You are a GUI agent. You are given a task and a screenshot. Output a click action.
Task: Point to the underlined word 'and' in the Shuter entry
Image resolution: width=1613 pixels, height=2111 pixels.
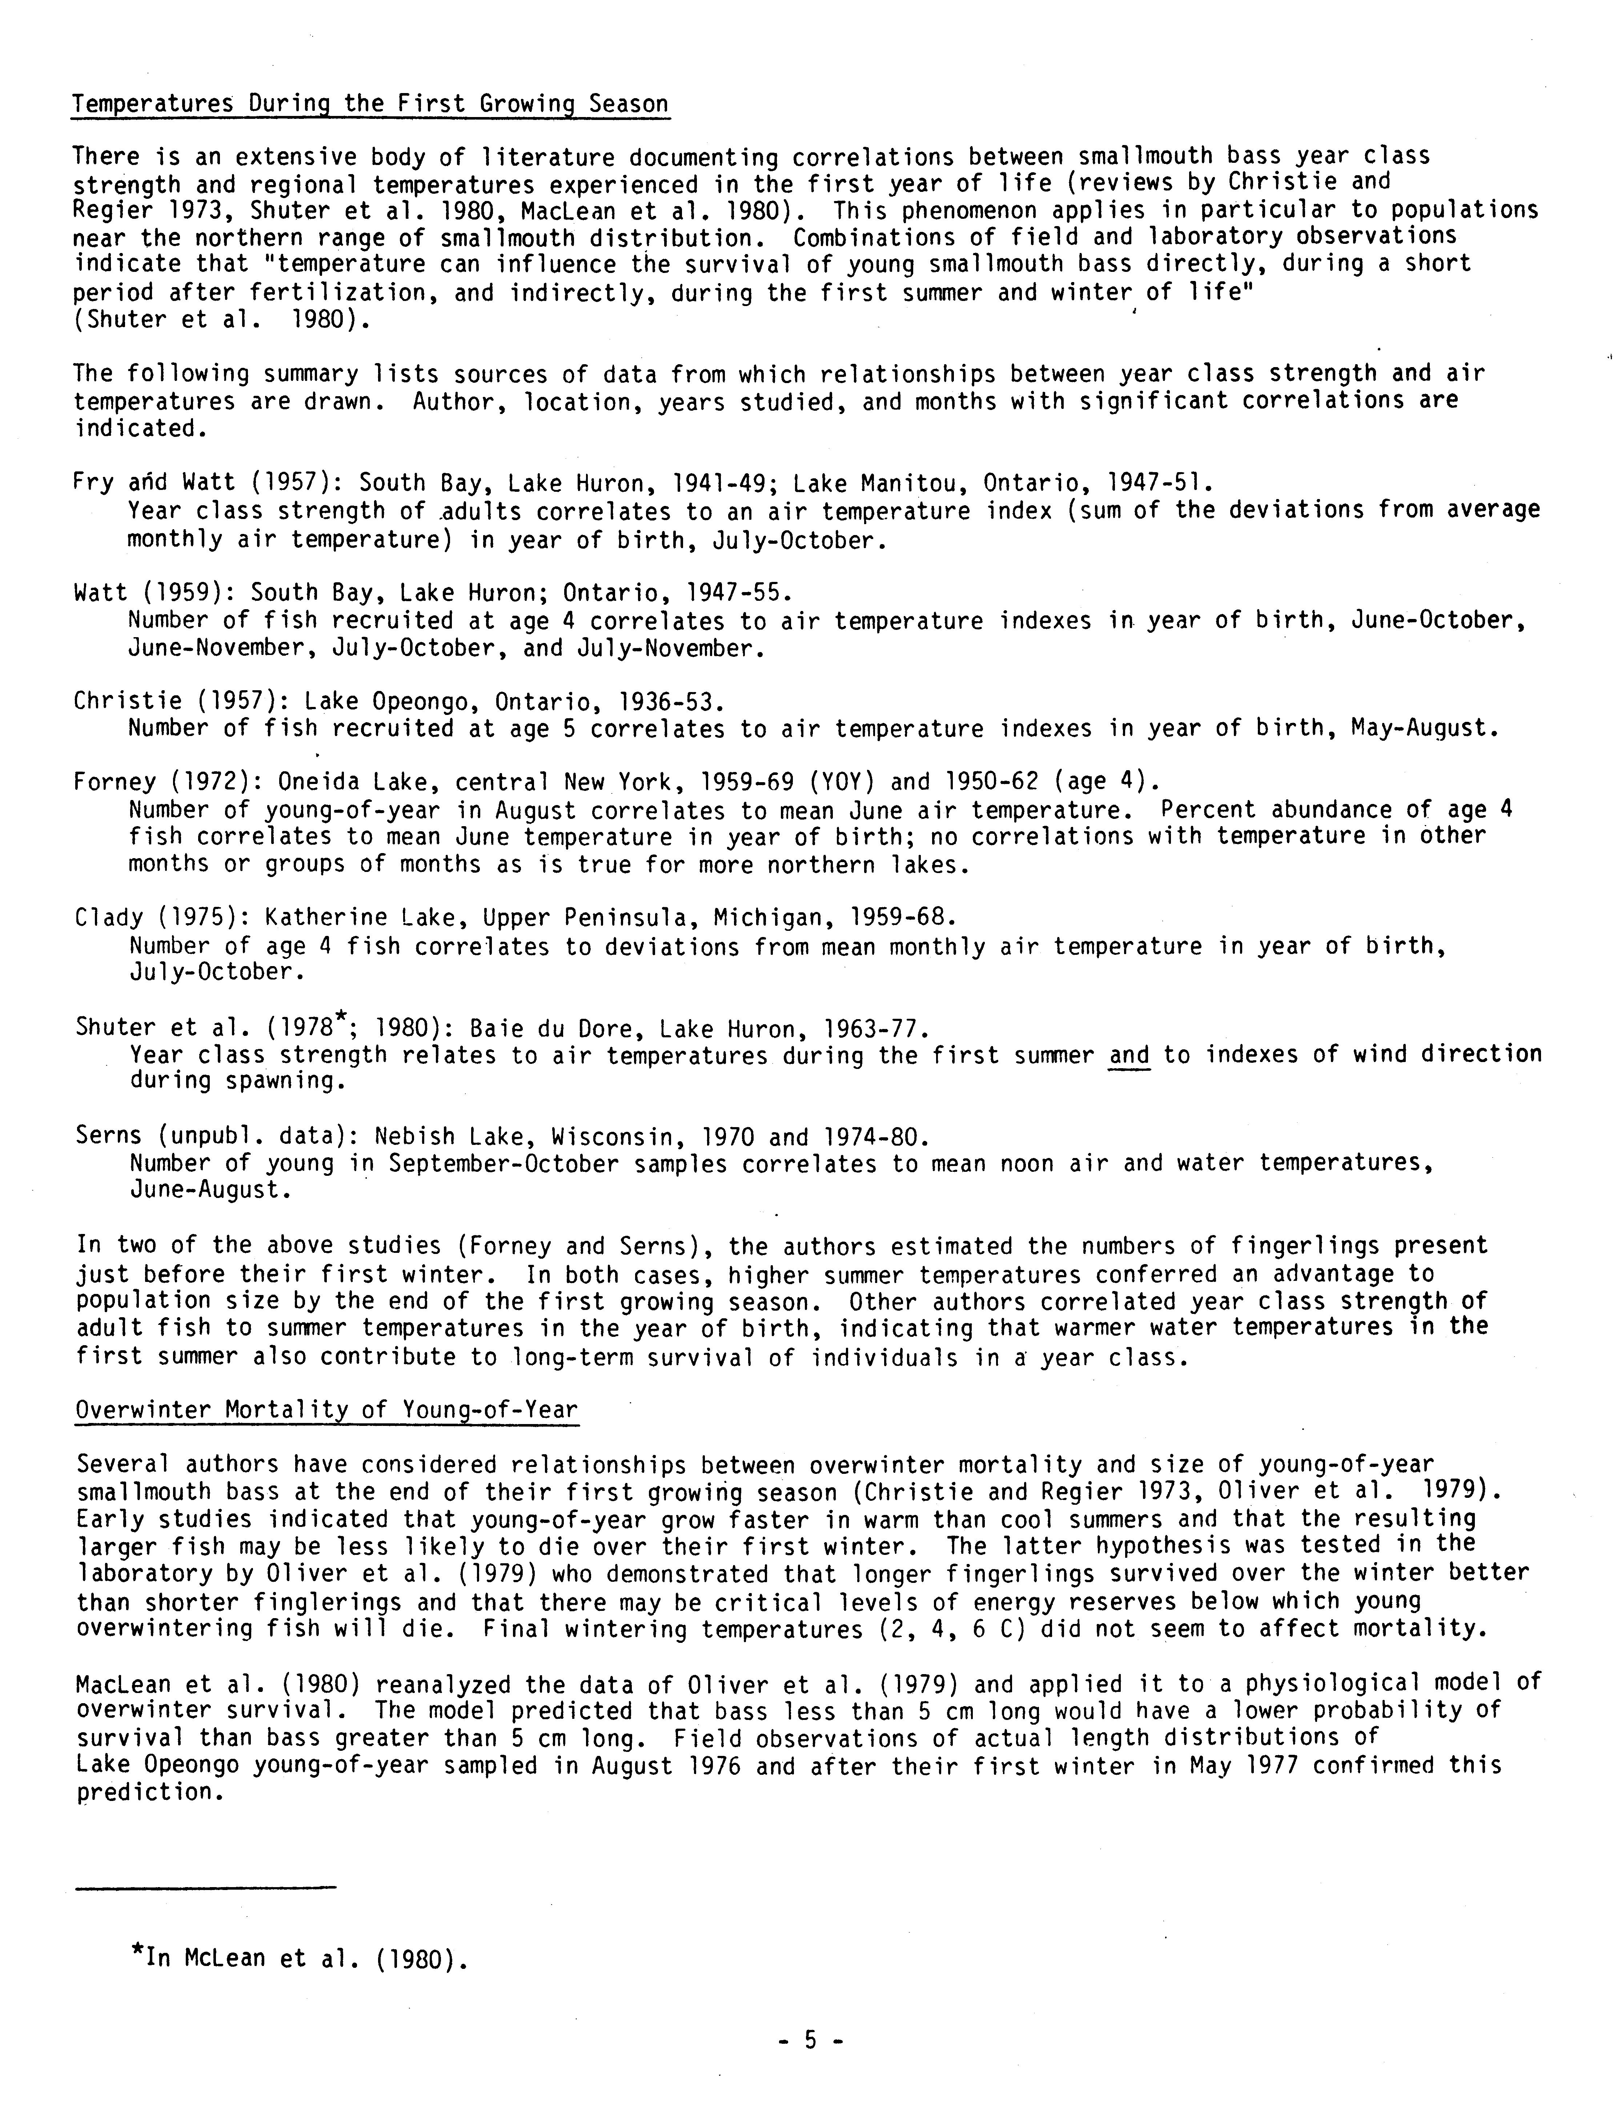click(1129, 1055)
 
